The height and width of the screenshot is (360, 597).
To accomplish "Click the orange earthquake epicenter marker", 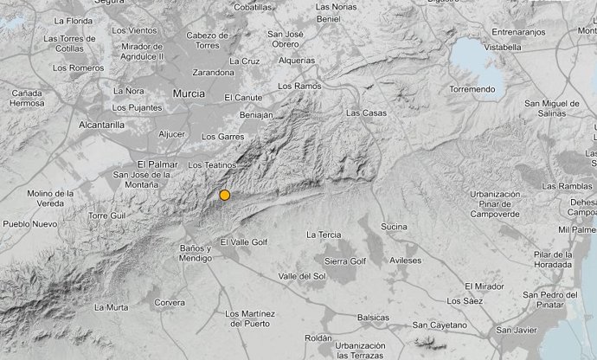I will point(225,195).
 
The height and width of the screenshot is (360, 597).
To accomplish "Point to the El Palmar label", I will point(157,164).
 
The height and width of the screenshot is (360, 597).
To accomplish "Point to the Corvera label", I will point(169,303).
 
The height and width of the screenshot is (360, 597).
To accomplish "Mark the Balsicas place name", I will point(374,318).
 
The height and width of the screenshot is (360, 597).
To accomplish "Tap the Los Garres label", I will point(219,137).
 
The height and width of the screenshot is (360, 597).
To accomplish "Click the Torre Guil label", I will point(107,215).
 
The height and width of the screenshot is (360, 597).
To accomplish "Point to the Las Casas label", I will point(364,112).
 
